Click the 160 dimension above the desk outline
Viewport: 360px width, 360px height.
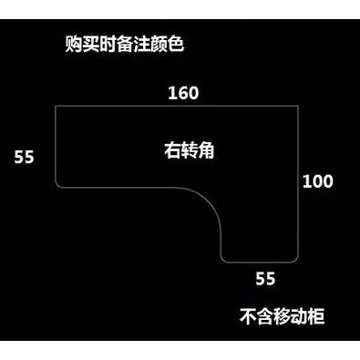pos(183,93)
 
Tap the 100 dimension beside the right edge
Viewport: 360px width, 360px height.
pos(318,181)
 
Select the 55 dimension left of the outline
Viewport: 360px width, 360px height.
pos(24,158)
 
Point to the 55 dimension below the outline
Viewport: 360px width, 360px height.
pos(265,279)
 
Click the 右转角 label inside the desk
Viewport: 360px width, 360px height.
pos(190,150)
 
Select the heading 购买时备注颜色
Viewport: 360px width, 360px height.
pos(125,45)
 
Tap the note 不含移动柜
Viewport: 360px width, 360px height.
pos(283,316)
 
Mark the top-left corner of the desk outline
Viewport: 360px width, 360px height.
pos(56,106)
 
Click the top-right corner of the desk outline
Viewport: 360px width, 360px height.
pos(298,106)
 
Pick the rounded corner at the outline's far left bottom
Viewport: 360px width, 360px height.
pos(57,186)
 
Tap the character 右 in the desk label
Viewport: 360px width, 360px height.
pos(172,150)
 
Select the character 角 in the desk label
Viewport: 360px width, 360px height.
pos(207,150)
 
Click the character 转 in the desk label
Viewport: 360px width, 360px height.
pos(190,150)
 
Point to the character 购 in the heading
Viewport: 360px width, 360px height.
pos(74,45)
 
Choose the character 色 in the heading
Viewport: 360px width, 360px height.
pos(176,45)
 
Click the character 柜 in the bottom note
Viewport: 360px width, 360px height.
pos(316,316)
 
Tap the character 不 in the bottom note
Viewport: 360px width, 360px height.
pos(249,316)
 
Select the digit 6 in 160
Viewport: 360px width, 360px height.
pos(183,93)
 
